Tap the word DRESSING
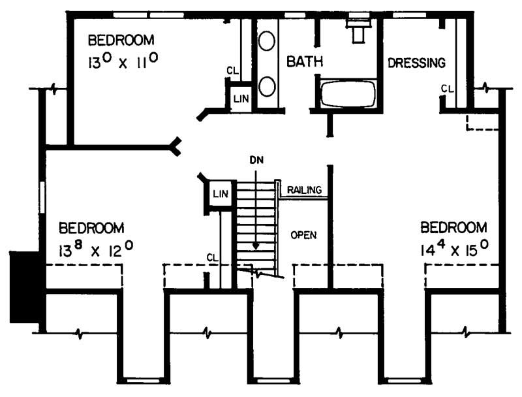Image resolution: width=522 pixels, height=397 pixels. click(x=416, y=63)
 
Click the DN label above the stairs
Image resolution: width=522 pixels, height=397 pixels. click(x=256, y=159)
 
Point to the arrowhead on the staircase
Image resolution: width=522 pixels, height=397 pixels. click(x=256, y=246)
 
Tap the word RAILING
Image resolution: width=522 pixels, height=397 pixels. click(x=304, y=190)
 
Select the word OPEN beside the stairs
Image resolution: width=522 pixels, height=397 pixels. click(x=303, y=234)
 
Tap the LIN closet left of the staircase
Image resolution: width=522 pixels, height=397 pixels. click(x=218, y=195)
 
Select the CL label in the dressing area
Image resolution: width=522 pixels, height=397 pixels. click(x=446, y=88)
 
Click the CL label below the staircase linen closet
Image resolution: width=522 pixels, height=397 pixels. click(x=211, y=257)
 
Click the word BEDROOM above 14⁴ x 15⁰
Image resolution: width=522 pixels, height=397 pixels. click(x=453, y=228)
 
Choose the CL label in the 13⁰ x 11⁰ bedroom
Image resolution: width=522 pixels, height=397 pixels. click(x=231, y=70)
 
